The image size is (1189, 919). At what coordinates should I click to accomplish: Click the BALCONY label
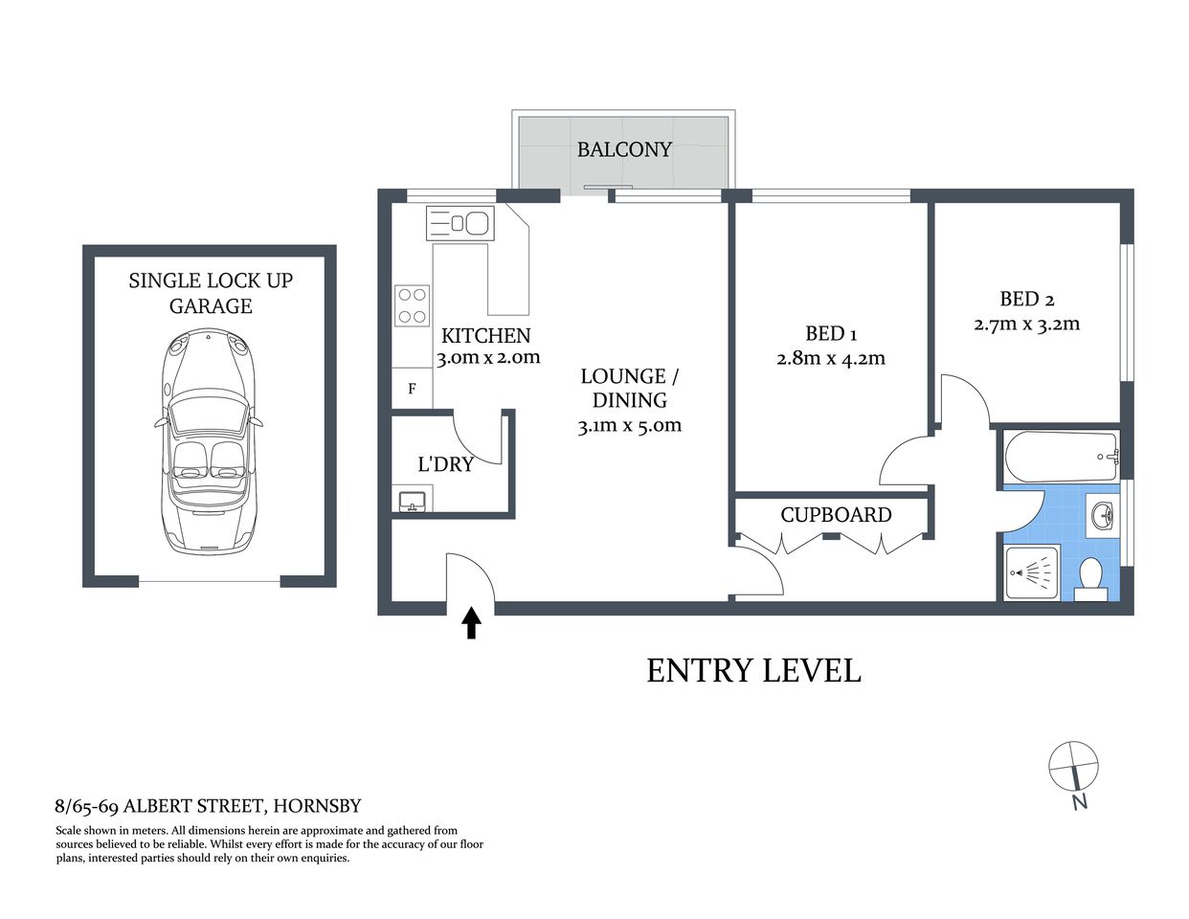click(623, 149)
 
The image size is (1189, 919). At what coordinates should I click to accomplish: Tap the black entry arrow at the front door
click(471, 623)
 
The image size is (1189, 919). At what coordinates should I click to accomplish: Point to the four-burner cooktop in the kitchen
click(413, 305)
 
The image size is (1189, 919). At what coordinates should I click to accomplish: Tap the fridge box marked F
click(412, 389)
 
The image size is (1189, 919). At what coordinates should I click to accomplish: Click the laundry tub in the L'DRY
click(413, 500)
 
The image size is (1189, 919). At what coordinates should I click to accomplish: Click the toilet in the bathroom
click(1090, 579)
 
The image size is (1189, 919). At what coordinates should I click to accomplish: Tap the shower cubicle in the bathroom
click(1032, 573)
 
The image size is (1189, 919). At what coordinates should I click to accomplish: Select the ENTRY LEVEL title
click(753, 670)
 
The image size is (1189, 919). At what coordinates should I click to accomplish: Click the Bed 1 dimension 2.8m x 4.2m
click(830, 359)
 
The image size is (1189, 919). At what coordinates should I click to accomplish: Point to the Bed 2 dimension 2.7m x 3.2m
click(1026, 324)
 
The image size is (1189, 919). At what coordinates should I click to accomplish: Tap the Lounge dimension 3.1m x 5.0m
click(629, 425)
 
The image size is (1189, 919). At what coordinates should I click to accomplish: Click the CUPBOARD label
click(836, 515)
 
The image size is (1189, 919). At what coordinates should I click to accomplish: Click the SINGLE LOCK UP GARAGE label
click(211, 293)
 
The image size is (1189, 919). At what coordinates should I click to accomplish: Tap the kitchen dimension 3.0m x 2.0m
click(488, 358)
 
